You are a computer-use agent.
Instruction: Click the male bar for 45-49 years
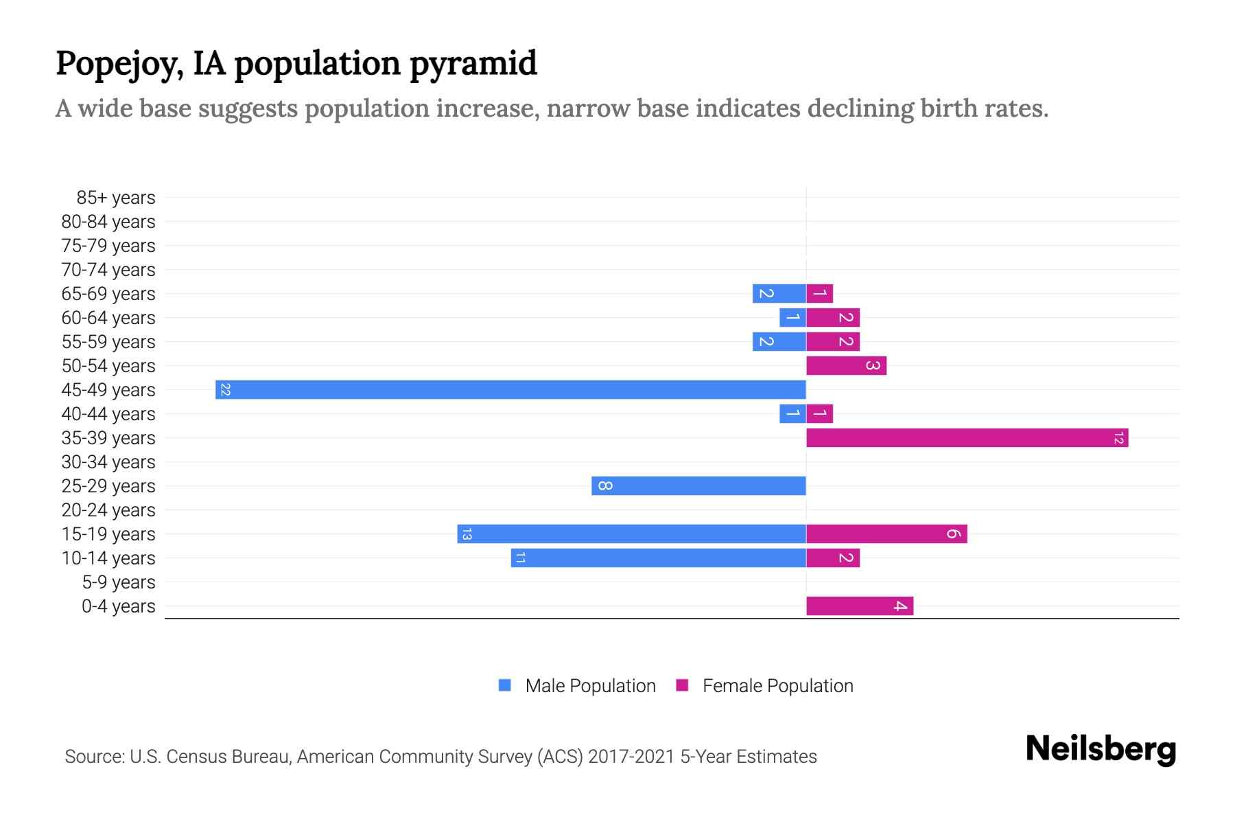510,390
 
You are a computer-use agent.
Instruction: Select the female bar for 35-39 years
967,438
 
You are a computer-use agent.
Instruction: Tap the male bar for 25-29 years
698,486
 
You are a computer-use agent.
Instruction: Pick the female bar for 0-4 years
859,606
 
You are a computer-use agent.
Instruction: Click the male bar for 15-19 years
631,534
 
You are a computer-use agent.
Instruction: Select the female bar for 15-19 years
886,534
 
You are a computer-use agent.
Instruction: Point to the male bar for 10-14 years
658,558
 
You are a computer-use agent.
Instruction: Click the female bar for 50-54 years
846,366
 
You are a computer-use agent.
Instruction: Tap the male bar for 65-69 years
779,294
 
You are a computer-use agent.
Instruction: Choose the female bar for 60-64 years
833,318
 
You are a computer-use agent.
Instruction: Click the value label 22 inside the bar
225,390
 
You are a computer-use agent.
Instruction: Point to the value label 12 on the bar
1118,438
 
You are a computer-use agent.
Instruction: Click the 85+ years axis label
116,198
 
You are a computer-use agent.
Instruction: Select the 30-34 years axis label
108,462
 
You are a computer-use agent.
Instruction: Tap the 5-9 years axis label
119,582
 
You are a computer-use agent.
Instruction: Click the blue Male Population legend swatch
505,685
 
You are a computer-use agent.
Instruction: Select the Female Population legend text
777,686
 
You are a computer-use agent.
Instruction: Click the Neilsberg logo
1101,749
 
